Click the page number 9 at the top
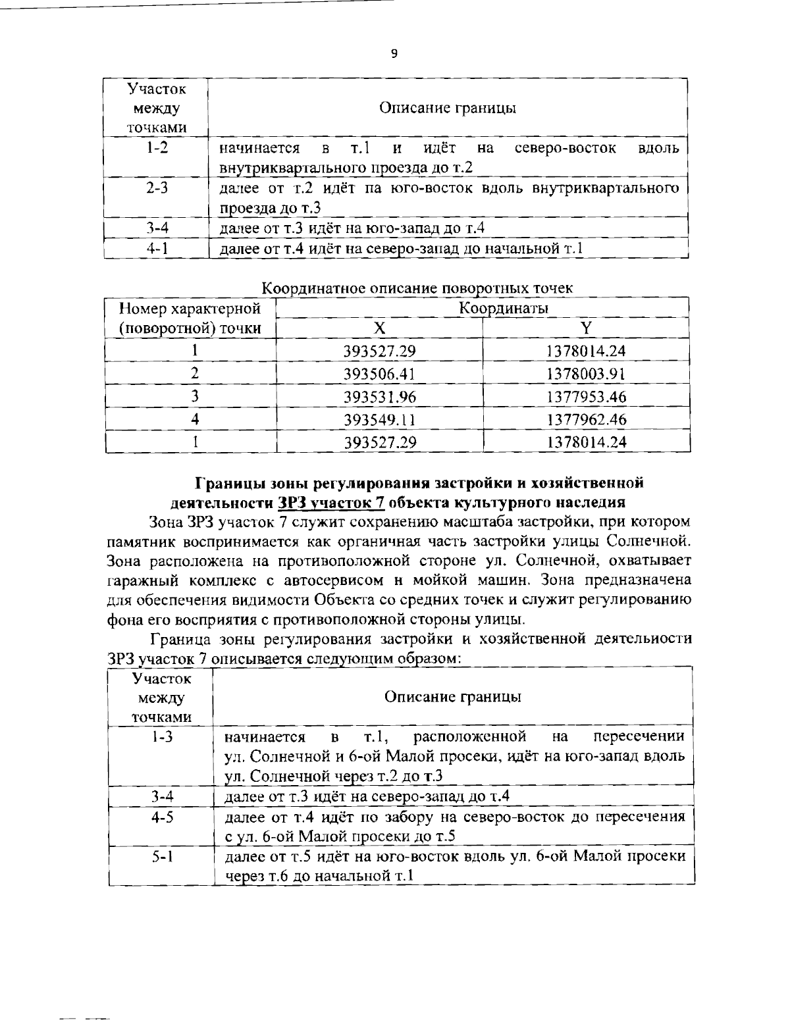394,54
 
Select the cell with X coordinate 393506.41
379,374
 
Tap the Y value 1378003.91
585,374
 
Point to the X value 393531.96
379,397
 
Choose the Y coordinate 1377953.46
585,397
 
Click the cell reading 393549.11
379,420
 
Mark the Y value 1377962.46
585,420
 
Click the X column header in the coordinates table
379,329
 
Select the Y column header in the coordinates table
585,329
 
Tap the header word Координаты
504,308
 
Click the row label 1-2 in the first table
156,147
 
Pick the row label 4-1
156,249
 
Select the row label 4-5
161,817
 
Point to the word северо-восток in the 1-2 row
564,147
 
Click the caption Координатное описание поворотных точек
417,288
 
